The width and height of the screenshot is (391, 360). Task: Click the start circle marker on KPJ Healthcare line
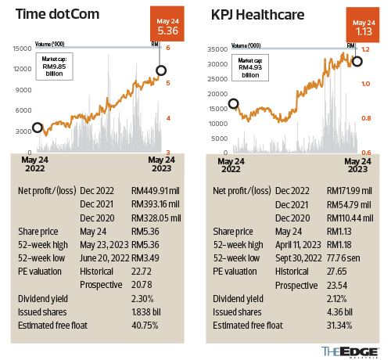click(x=233, y=103)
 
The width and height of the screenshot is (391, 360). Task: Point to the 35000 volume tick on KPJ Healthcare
click(x=217, y=49)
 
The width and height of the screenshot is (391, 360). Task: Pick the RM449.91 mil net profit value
click(x=156, y=190)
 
